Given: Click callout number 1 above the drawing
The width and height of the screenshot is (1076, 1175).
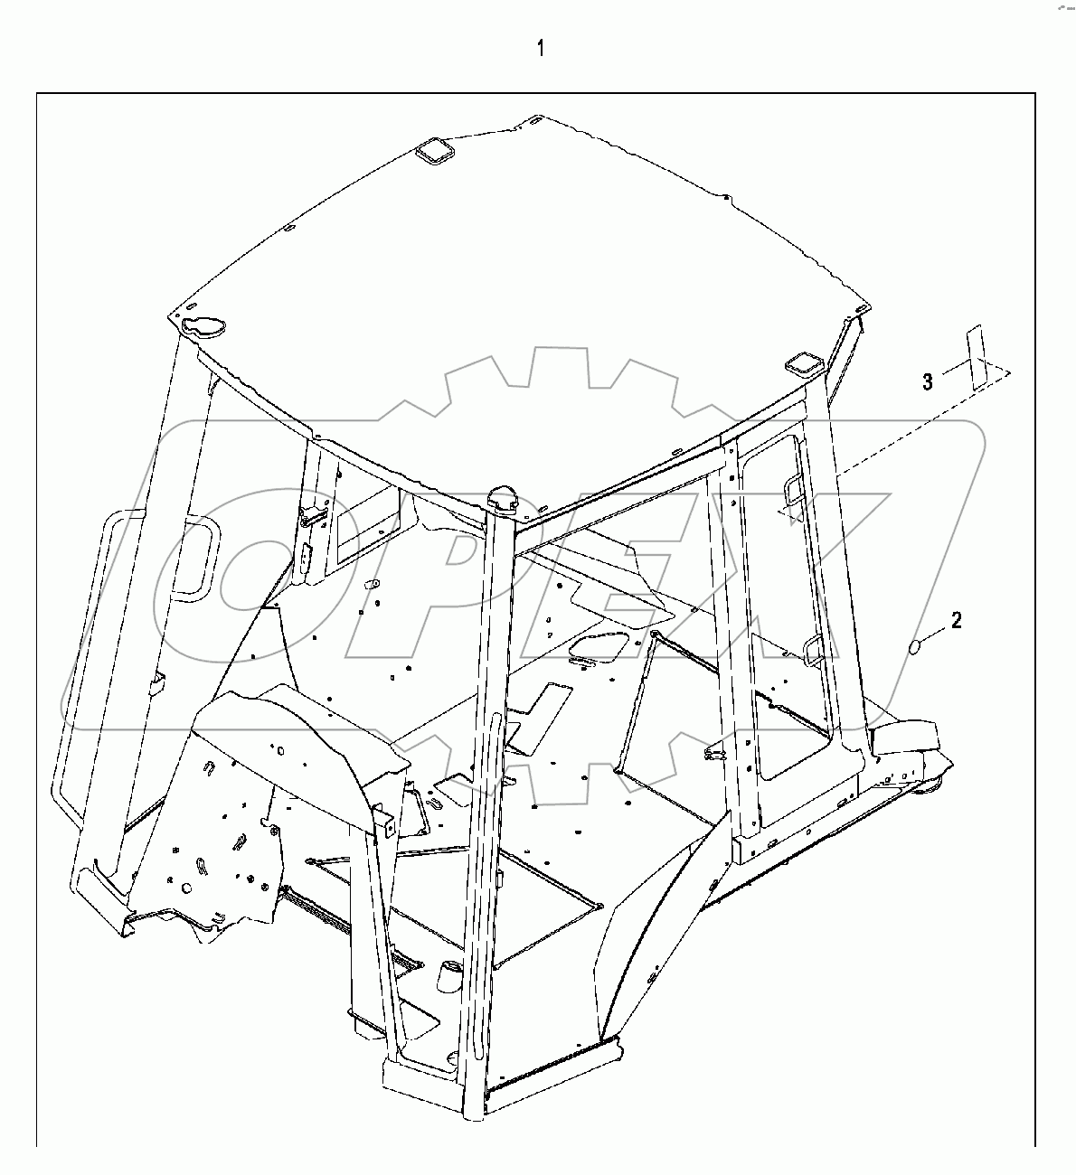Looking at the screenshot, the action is [x=541, y=48].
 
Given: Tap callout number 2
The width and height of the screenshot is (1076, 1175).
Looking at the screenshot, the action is [x=957, y=620].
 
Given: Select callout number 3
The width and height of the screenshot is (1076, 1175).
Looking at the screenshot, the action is [x=927, y=382].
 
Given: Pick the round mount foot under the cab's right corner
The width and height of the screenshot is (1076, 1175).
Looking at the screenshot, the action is [x=930, y=790].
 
